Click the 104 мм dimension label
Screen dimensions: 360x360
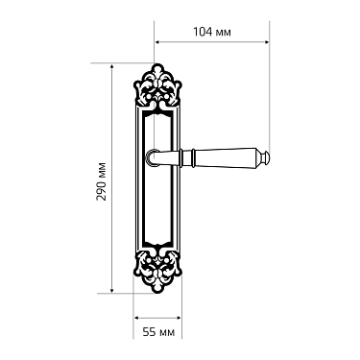pos(212,32)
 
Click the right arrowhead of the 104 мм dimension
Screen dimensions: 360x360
pos(268,43)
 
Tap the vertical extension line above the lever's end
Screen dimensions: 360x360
pos(272,96)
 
